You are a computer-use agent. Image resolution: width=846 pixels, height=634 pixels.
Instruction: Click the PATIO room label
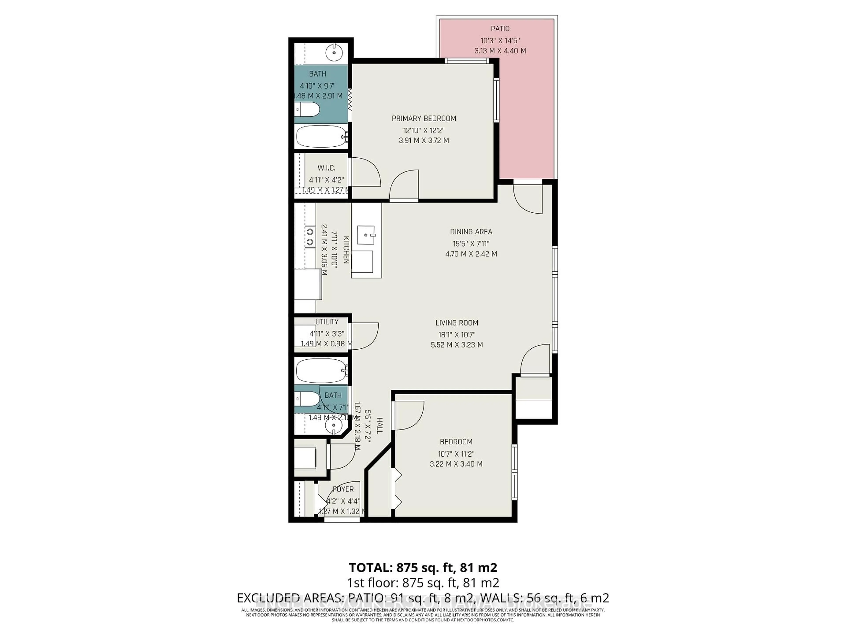click(x=500, y=29)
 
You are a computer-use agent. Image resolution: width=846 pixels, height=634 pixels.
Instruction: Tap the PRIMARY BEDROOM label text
click(x=424, y=118)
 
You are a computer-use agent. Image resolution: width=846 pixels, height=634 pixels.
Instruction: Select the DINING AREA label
click(x=471, y=232)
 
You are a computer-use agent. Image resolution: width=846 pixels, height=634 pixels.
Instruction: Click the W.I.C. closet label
click(x=326, y=168)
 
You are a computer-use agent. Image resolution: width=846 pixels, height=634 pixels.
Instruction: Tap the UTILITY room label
click(x=327, y=322)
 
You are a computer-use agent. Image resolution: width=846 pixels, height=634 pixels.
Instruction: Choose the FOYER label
click(x=343, y=489)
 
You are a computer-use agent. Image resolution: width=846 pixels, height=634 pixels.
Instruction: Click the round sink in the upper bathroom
click(x=334, y=52)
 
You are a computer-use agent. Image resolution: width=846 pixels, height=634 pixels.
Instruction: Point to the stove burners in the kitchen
click(x=310, y=237)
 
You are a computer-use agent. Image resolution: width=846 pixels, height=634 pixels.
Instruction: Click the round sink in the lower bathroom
click(x=334, y=425)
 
